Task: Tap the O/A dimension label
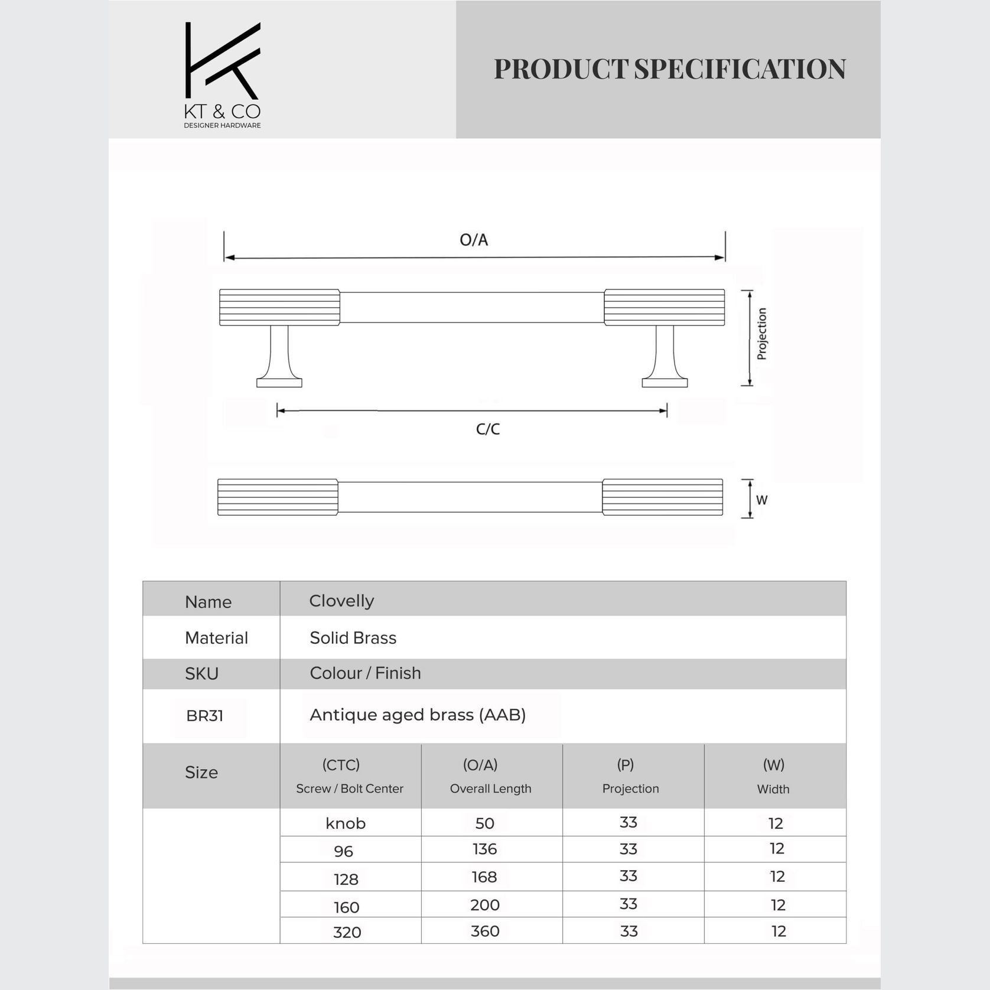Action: [474, 240]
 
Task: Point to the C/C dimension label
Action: [488, 429]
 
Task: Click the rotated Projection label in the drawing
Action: [761, 334]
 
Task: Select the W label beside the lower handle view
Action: [761, 500]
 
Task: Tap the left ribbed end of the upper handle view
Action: [279, 307]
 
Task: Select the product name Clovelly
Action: [341, 601]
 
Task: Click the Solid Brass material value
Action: [353, 638]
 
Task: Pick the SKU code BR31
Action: [204, 716]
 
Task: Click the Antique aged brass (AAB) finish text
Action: [418, 715]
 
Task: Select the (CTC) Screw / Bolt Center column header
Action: [349, 776]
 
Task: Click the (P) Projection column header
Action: [630, 776]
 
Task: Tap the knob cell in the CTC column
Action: [346, 823]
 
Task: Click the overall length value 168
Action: [484, 877]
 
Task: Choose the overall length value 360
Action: [485, 932]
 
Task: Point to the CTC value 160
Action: [347, 907]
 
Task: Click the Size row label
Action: [201, 773]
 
